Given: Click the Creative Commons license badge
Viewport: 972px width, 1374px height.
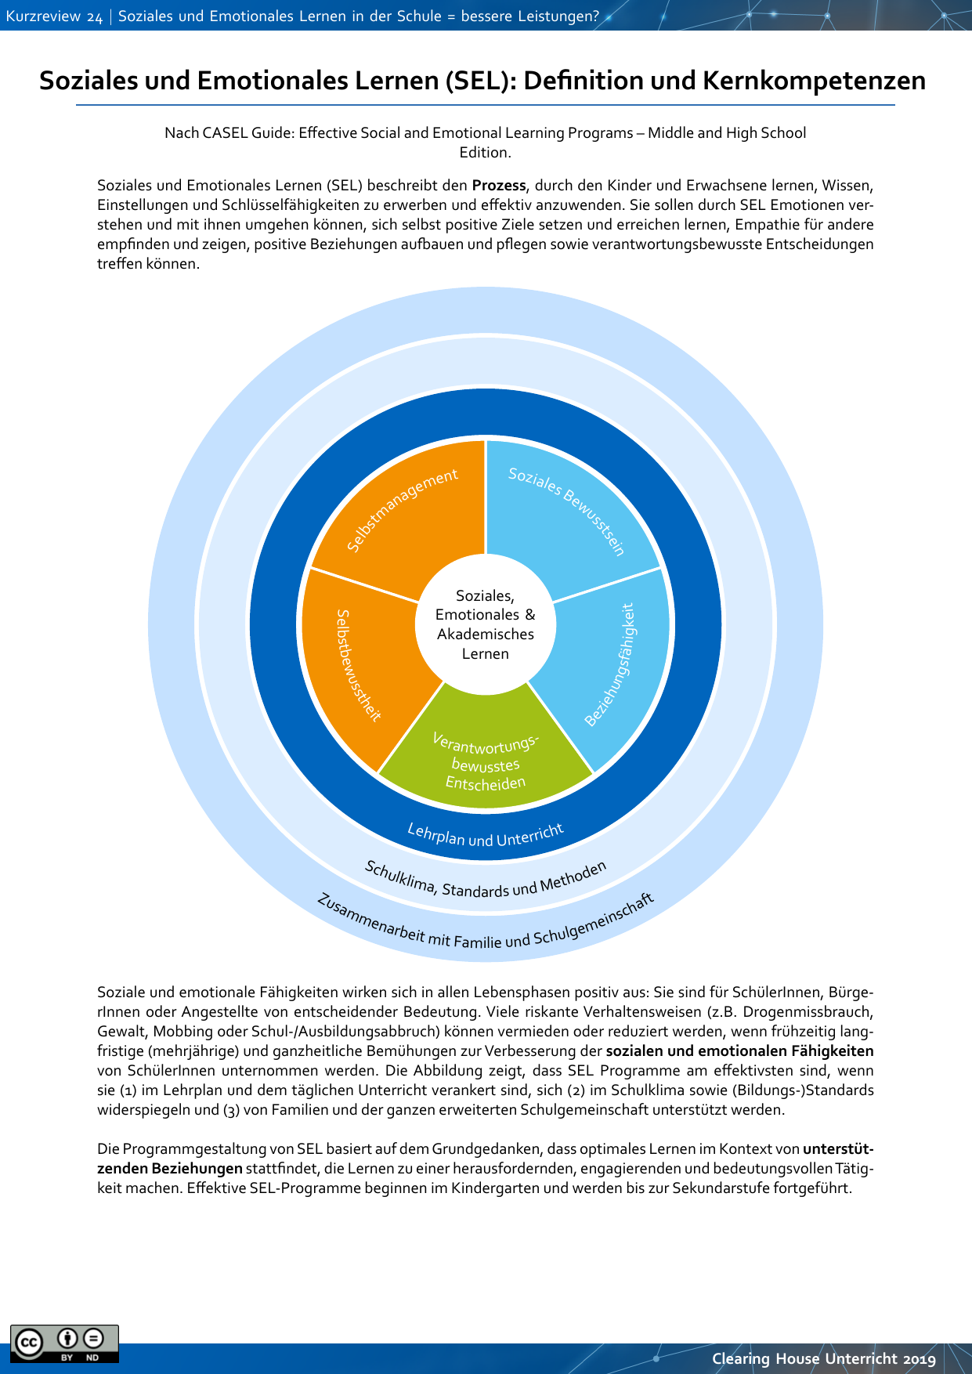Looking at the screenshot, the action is tap(64, 1343).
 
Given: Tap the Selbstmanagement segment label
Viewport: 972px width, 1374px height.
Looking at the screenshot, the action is tap(403, 510).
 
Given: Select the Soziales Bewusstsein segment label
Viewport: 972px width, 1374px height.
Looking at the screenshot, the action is tap(567, 510).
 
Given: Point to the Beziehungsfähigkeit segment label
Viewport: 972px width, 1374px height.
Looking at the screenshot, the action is tap(611, 664).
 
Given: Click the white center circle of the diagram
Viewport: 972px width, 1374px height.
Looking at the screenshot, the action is tap(486, 624).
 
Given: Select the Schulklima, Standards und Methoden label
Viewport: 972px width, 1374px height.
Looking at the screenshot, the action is tap(486, 882).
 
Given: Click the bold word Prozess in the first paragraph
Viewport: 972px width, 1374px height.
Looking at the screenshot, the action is tap(499, 186).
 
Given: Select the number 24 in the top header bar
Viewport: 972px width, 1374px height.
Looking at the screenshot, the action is tap(95, 17).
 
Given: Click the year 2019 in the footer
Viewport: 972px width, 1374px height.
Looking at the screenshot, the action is tap(919, 1359).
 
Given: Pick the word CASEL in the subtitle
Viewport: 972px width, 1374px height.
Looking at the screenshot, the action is tap(225, 133).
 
